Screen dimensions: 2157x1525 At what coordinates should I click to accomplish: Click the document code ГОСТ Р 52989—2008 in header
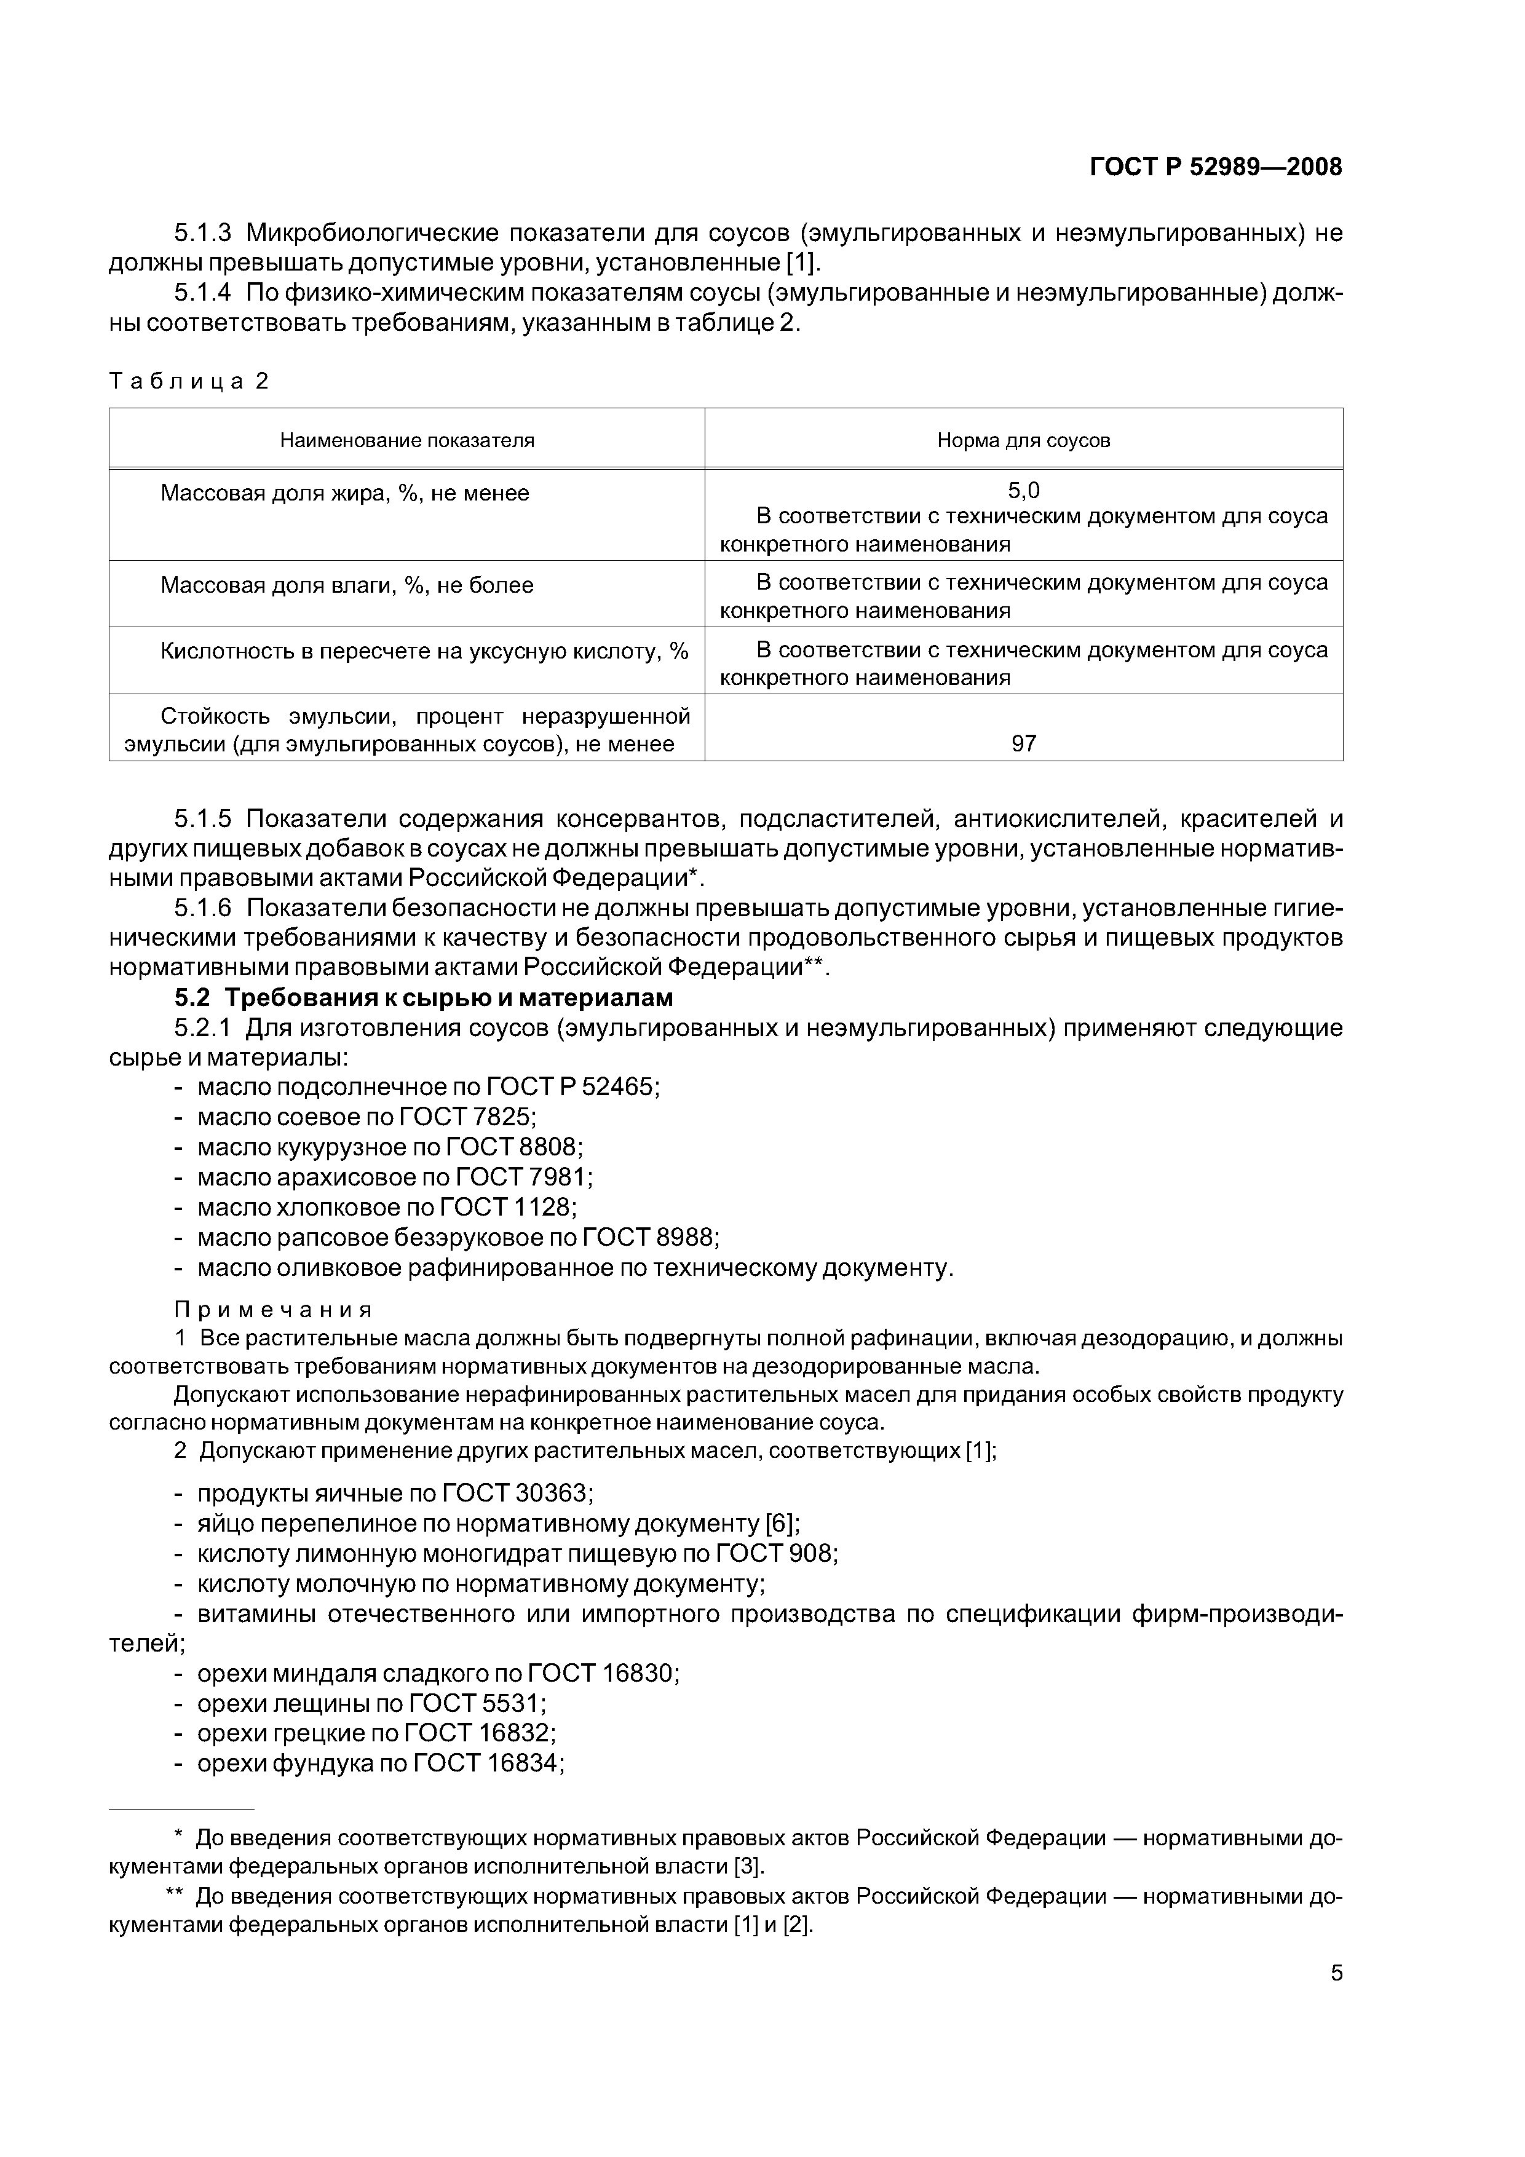[x=1215, y=167]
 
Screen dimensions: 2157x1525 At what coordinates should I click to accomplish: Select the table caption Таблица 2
[x=189, y=381]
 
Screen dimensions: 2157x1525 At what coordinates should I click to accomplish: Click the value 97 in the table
[x=1023, y=744]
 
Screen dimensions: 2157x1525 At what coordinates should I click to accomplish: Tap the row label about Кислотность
[x=424, y=651]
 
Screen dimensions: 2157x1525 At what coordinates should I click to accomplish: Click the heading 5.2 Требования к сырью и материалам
[x=424, y=997]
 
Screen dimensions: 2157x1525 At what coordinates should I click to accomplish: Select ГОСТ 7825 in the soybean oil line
[x=467, y=1117]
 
